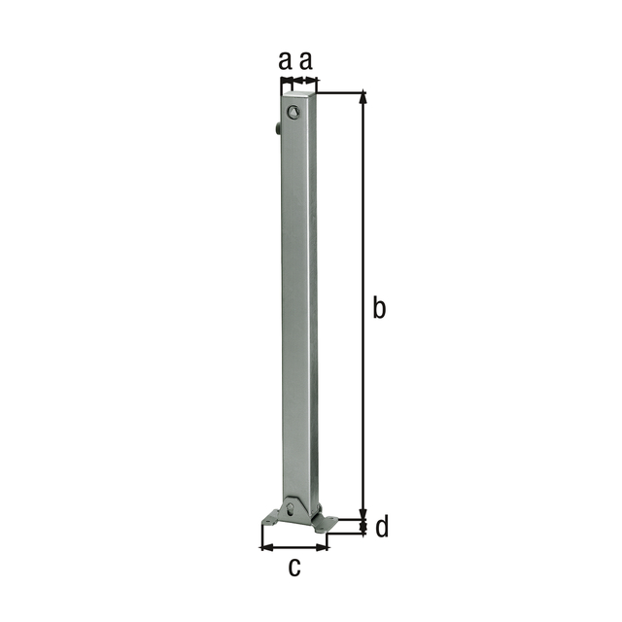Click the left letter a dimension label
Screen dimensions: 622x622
(285, 61)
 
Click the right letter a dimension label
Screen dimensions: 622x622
(306, 61)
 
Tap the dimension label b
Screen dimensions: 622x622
(380, 308)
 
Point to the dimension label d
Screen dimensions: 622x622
(382, 528)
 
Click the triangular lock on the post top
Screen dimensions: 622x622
(294, 113)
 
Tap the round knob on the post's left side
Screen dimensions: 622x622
(278, 128)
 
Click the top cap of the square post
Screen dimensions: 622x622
(299, 95)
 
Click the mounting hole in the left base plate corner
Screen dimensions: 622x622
(274, 521)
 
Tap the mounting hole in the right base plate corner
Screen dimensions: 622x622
(327, 523)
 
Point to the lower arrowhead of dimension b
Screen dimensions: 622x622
(364, 514)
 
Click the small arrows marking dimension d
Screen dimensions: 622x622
(364, 528)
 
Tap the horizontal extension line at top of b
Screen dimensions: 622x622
(340, 93)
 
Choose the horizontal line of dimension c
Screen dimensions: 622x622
(294, 547)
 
